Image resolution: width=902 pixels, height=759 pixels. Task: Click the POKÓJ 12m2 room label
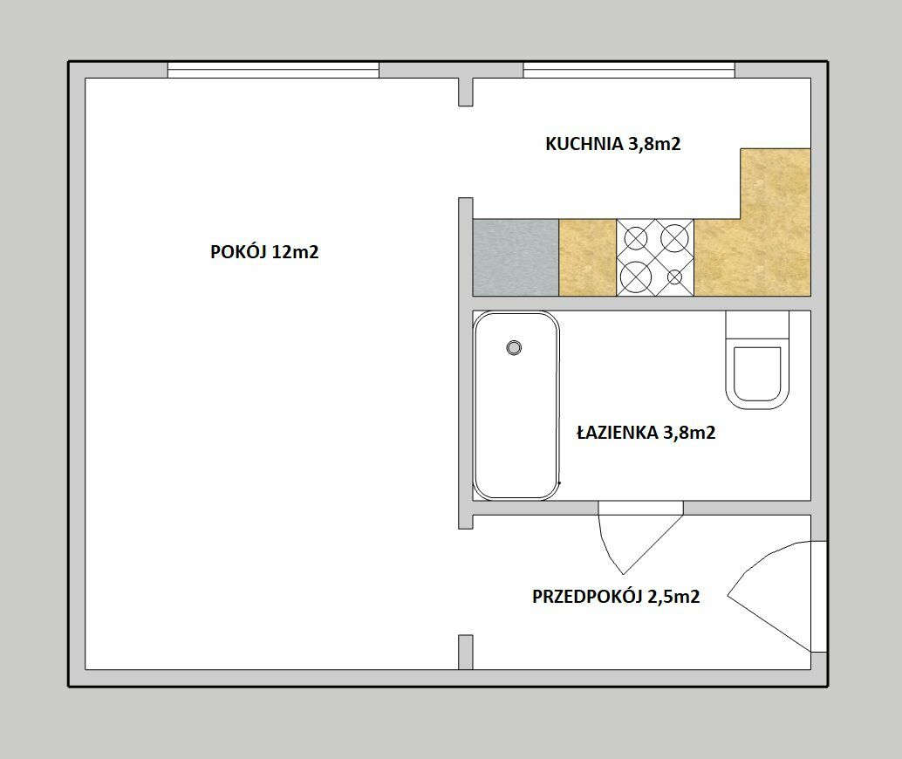[264, 252]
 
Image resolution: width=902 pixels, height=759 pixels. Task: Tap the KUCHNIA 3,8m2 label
[612, 143]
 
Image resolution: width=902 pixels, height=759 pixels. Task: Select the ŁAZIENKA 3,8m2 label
[646, 432]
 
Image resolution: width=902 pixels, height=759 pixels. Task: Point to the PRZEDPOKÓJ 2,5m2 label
[616, 597]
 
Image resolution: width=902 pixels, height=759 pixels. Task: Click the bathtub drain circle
[514, 347]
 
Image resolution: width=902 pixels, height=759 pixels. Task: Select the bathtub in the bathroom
[516, 405]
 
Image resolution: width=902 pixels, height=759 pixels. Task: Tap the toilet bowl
[757, 374]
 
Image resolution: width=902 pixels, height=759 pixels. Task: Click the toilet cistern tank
[757, 325]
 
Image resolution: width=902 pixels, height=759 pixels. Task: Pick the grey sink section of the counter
[516, 257]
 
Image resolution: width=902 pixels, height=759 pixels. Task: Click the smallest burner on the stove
[675, 277]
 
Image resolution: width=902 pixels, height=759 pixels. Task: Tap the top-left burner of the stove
[636, 238]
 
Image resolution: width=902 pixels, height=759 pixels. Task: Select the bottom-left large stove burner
[635, 276]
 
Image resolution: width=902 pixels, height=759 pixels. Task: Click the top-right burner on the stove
[674, 237]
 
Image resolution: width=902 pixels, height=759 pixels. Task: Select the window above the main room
[273, 70]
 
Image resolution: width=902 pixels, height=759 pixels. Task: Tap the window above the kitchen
[629, 70]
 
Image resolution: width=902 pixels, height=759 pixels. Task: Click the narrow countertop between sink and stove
[587, 257]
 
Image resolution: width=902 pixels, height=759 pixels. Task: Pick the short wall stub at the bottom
[465, 652]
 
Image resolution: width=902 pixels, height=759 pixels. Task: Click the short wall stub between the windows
[465, 92]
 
